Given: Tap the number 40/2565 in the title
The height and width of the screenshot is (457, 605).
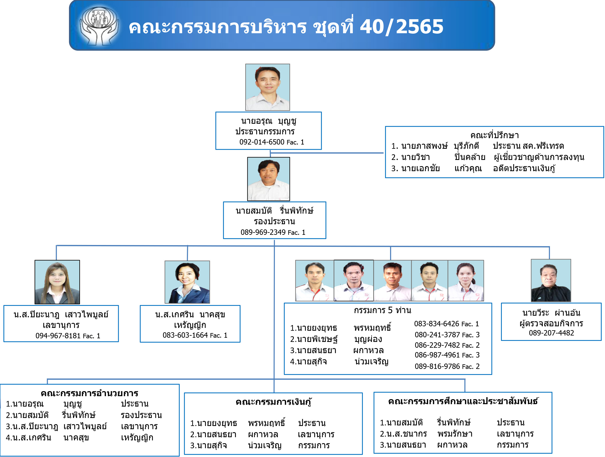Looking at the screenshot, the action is pyautogui.click(x=401, y=27).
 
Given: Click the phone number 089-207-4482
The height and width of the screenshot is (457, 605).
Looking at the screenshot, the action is pyautogui.click(x=551, y=333).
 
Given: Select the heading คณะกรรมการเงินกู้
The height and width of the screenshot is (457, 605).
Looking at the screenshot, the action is pyautogui.click(x=274, y=402).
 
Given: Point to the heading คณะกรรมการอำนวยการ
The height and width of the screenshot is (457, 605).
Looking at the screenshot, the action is pyautogui.click(x=89, y=393).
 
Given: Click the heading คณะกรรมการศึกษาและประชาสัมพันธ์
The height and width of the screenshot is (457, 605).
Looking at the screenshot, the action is pyautogui.click(x=463, y=401).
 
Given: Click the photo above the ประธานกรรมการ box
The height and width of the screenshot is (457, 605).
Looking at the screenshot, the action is pyautogui.click(x=268, y=87).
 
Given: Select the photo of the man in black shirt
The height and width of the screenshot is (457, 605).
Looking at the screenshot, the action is pyautogui.click(x=551, y=280).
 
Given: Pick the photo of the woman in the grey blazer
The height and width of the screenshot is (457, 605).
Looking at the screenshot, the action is pyautogui.click(x=57, y=282).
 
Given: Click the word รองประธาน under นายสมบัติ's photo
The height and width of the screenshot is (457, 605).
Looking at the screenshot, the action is pyautogui.click(x=274, y=221).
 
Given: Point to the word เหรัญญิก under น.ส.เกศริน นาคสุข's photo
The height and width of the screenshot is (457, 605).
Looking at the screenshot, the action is pyautogui.click(x=190, y=325).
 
